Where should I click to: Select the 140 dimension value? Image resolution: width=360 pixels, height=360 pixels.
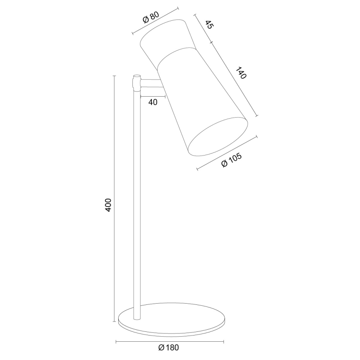(241, 73)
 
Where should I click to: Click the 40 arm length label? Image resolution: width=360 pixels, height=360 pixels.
(153, 102)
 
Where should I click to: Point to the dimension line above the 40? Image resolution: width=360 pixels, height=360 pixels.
(153, 97)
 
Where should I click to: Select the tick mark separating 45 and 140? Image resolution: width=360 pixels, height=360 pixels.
(211, 42)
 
